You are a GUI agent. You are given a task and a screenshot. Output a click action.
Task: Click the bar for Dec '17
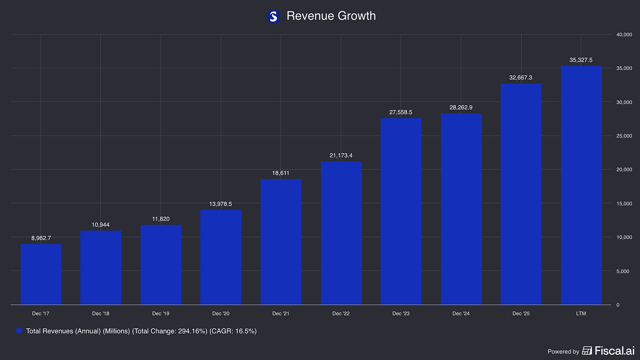click(x=41, y=274)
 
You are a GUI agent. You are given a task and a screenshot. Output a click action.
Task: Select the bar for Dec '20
click(x=221, y=257)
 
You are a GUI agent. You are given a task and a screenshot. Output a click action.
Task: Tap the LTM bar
click(x=581, y=185)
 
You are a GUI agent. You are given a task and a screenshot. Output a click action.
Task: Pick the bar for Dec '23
click(x=401, y=211)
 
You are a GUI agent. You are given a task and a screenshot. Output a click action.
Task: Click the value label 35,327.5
click(x=581, y=60)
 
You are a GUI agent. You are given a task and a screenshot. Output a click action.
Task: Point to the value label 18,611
click(x=280, y=173)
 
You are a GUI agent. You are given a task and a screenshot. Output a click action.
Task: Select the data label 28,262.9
click(x=461, y=107)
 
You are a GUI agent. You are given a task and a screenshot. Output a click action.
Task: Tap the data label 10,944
click(x=101, y=225)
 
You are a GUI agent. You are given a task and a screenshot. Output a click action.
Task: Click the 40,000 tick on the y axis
click(x=624, y=35)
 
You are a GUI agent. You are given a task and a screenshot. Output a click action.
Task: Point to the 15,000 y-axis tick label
click(x=624, y=204)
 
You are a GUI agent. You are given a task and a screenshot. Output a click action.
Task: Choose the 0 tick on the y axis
click(x=618, y=305)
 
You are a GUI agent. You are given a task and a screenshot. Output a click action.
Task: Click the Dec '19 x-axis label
click(x=160, y=313)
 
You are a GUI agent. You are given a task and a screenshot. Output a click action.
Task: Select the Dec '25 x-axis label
click(x=521, y=313)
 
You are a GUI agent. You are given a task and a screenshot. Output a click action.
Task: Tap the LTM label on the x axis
click(x=581, y=313)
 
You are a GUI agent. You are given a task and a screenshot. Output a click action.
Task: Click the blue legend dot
click(x=19, y=331)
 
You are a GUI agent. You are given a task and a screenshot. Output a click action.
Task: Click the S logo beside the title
click(x=273, y=16)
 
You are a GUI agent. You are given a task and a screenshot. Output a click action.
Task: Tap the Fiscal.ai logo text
click(x=615, y=351)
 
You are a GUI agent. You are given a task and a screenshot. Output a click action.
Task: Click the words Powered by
click(x=563, y=352)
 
